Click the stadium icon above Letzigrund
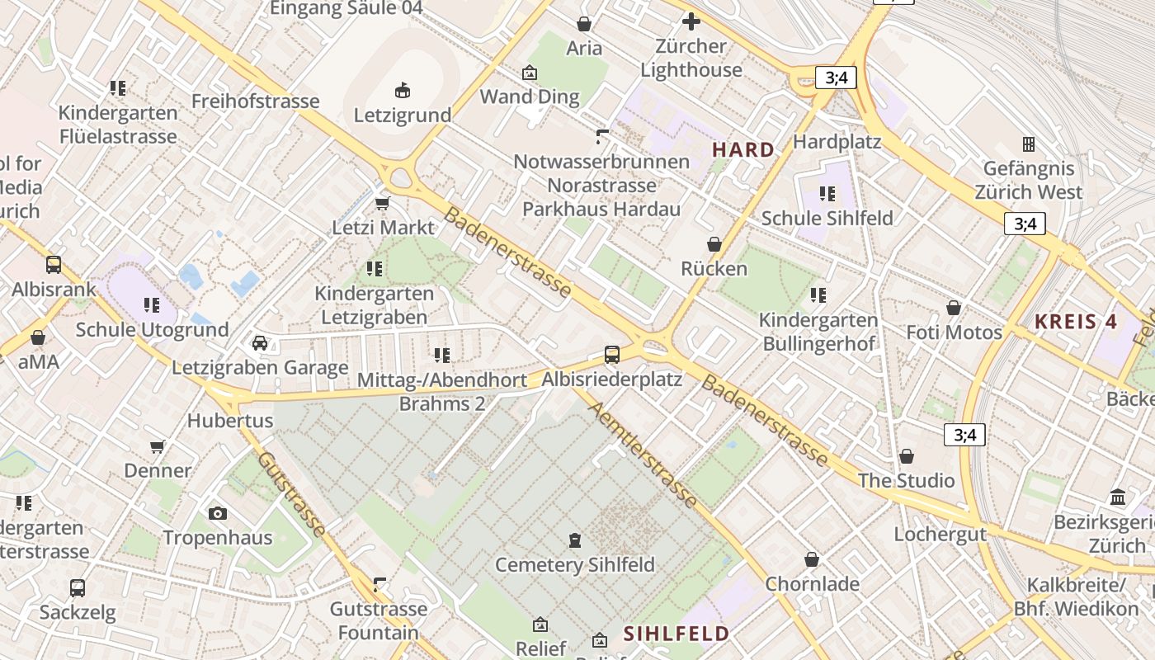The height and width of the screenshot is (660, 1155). coord(403,90)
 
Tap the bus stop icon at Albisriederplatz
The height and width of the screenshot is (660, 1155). coord(612,355)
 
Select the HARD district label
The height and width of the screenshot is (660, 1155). coord(743,150)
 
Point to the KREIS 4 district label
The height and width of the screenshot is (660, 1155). coord(1076,322)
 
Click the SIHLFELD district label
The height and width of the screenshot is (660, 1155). coord(676,634)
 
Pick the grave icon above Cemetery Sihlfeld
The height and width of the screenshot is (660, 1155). coord(575,540)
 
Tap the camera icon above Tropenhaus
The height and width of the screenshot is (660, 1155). coord(218,513)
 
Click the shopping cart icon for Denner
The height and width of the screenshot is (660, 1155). coord(158,446)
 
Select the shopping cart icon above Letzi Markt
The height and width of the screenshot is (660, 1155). coord(383,203)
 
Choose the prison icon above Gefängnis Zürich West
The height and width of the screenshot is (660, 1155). coord(1028,144)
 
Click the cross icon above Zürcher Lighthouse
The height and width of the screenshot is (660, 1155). coord(691,21)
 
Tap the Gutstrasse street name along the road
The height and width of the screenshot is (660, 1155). coord(291,493)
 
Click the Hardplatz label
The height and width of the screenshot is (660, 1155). coord(837,142)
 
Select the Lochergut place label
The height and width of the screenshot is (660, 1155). coord(940,534)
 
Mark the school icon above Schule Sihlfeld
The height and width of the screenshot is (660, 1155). coord(827,194)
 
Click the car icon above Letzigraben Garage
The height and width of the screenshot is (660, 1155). coord(260,343)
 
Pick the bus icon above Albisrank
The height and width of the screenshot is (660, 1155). coord(54,265)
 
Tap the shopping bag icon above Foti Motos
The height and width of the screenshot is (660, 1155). coord(954,308)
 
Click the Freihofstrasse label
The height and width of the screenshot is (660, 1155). coord(255,101)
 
